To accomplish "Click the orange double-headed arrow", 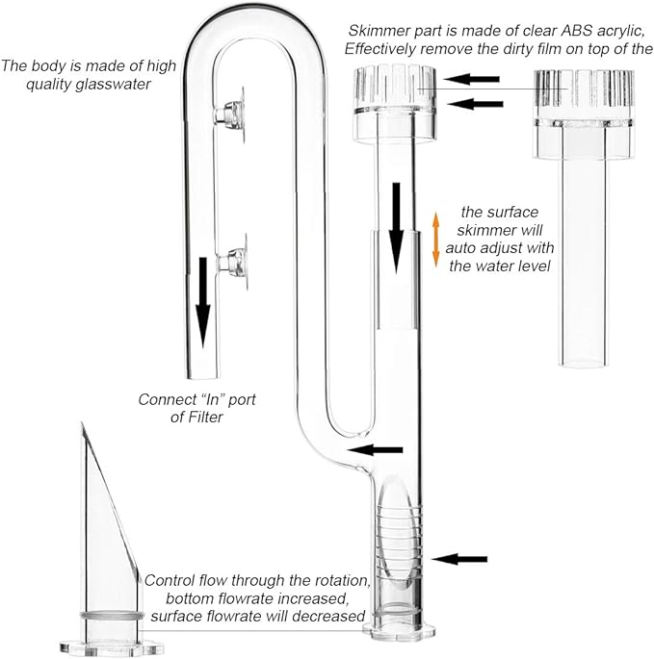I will click(x=435, y=240).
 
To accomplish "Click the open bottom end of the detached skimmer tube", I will click(x=584, y=361).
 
